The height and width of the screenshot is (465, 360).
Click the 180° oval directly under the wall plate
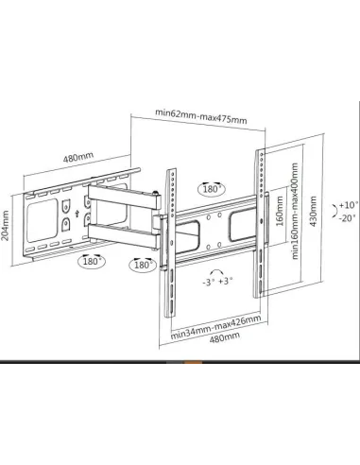(x=93, y=260)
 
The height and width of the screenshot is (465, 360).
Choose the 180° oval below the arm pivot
(x=144, y=266)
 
